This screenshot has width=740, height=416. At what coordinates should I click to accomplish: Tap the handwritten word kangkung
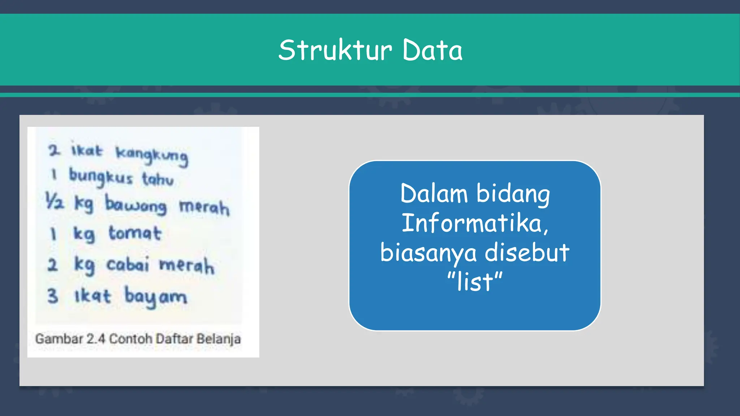coord(152,155)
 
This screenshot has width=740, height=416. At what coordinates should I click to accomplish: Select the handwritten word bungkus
coord(101,177)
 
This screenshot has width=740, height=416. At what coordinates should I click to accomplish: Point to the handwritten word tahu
coord(158,179)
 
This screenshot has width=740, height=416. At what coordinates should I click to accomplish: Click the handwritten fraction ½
coord(55,201)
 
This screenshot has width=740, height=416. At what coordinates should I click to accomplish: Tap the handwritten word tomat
coord(135,233)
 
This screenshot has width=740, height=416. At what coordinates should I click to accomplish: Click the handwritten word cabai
coord(127,264)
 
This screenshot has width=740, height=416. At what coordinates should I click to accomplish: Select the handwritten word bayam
coord(155,297)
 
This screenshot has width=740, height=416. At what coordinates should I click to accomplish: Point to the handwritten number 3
coord(53,296)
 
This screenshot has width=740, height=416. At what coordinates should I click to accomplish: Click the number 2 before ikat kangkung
coord(54,150)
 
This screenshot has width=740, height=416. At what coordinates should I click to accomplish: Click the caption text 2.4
coord(96,339)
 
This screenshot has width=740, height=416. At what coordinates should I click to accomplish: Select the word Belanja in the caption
coord(219,339)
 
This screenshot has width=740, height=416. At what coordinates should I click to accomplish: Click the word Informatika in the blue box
coord(474,223)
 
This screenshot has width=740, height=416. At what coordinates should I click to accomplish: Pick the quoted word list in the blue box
coord(474,282)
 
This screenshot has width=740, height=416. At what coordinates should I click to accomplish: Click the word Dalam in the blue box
coord(434,194)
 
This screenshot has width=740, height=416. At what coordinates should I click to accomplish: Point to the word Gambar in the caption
coord(59,339)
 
